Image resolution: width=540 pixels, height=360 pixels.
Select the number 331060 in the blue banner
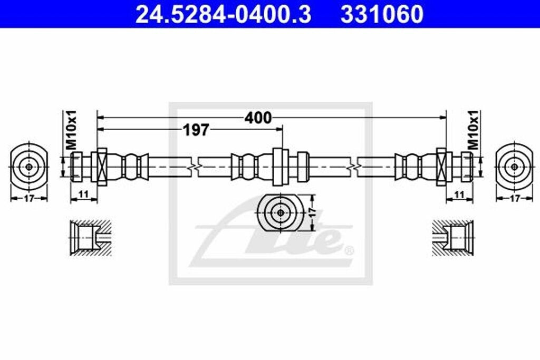[x=382, y=14]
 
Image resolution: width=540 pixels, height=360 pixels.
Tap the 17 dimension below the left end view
[x=28, y=199]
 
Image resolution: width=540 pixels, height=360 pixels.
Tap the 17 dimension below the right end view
[x=515, y=199]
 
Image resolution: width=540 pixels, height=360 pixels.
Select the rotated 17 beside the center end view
[x=312, y=213]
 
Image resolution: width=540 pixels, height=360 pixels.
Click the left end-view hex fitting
[x=29, y=166]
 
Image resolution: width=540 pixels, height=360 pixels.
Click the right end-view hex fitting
[x=514, y=166]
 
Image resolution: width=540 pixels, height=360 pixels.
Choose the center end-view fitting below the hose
[x=280, y=213]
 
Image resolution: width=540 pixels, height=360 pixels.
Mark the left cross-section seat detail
[x=90, y=238]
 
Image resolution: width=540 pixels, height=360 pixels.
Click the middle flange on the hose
[x=279, y=166]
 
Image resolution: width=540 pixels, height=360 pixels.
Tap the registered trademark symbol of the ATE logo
[x=348, y=250]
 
